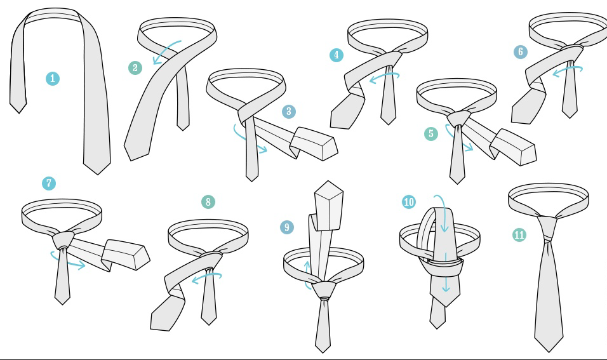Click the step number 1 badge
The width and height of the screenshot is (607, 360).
(x=53, y=79)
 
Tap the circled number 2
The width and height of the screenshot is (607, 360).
(x=135, y=68)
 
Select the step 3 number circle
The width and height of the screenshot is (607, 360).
(x=289, y=112)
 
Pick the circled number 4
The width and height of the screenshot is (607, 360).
(x=337, y=55)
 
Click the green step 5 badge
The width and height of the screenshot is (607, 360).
(x=431, y=134)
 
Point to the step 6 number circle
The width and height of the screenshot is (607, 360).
(x=521, y=52)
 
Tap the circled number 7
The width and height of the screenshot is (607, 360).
(x=49, y=183)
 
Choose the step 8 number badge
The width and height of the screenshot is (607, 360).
(x=208, y=202)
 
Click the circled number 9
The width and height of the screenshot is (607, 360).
(x=287, y=227)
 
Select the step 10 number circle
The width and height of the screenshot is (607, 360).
(x=409, y=202)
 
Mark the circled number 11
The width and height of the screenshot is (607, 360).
(x=519, y=235)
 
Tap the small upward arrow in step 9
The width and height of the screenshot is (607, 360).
(x=307, y=276)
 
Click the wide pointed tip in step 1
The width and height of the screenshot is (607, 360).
(x=97, y=173)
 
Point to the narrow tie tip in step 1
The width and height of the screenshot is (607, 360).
(x=18, y=112)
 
